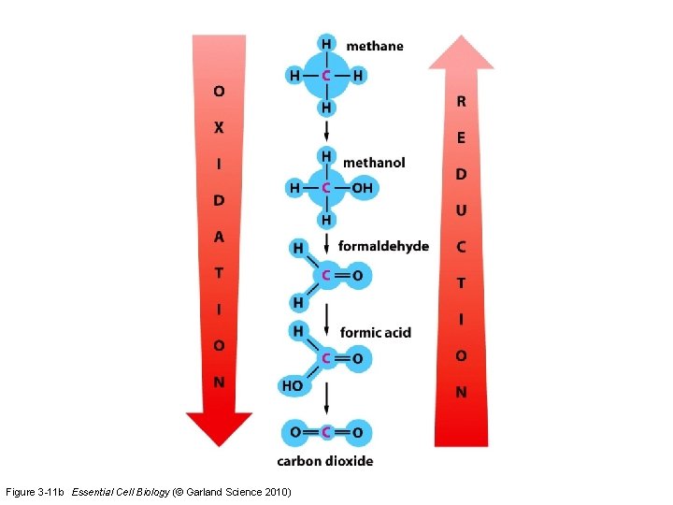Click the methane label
[x=375, y=46]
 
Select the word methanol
[x=374, y=163]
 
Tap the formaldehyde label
[x=383, y=247]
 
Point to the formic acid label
[x=376, y=332]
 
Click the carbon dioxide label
[x=325, y=460]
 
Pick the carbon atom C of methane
[x=326, y=76]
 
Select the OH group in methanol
[x=362, y=188]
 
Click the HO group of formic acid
[x=291, y=384]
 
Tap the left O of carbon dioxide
[x=295, y=432]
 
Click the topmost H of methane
[x=326, y=44]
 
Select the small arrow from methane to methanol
[x=326, y=131]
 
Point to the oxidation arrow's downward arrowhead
[x=219, y=427]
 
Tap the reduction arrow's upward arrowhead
[x=461, y=53]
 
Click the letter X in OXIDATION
[x=219, y=127]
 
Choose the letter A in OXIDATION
[x=219, y=237]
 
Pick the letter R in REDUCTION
[x=461, y=101]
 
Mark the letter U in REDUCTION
[x=461, y=210]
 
